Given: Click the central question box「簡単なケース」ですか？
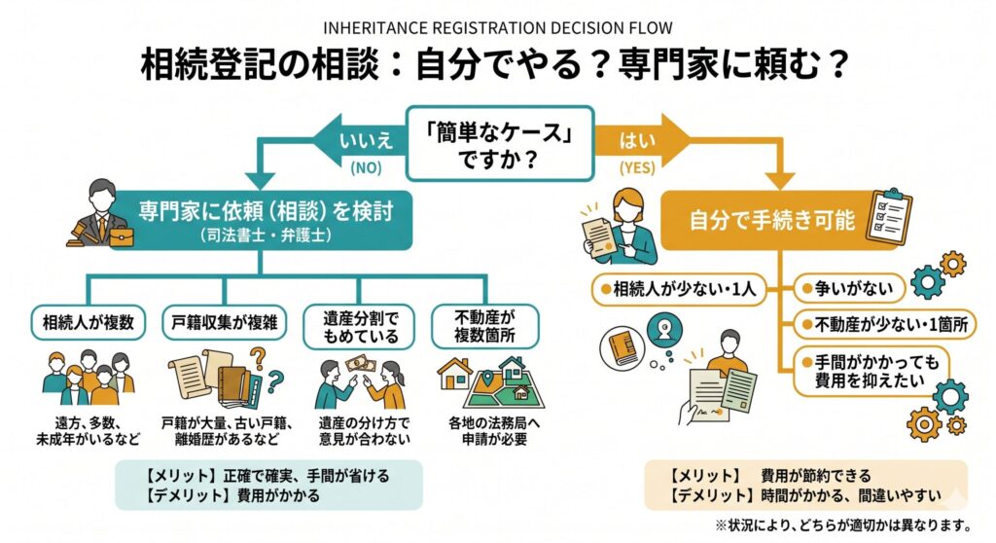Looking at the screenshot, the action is point(500,144).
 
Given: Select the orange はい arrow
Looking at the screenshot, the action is point(642,140).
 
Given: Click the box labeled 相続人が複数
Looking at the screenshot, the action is point(89,322).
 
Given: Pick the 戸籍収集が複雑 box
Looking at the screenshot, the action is point(225,322).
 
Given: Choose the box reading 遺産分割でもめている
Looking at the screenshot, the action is point(359,327).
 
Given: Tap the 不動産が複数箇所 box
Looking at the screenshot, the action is point(484,326).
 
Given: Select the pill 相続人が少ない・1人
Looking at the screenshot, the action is point(679,289).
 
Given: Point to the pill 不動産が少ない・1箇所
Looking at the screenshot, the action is point(885,325).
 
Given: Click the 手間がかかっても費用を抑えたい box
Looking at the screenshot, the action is point(871,372).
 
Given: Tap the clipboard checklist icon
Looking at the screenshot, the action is point(889,215).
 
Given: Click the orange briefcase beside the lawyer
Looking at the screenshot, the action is point(122,236).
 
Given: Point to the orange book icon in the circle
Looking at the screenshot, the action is point(622,347).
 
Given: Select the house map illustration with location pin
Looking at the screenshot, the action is point(491,381).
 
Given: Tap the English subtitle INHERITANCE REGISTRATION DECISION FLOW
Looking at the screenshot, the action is point(497,28).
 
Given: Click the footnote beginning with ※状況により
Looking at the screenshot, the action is point(843,525).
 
